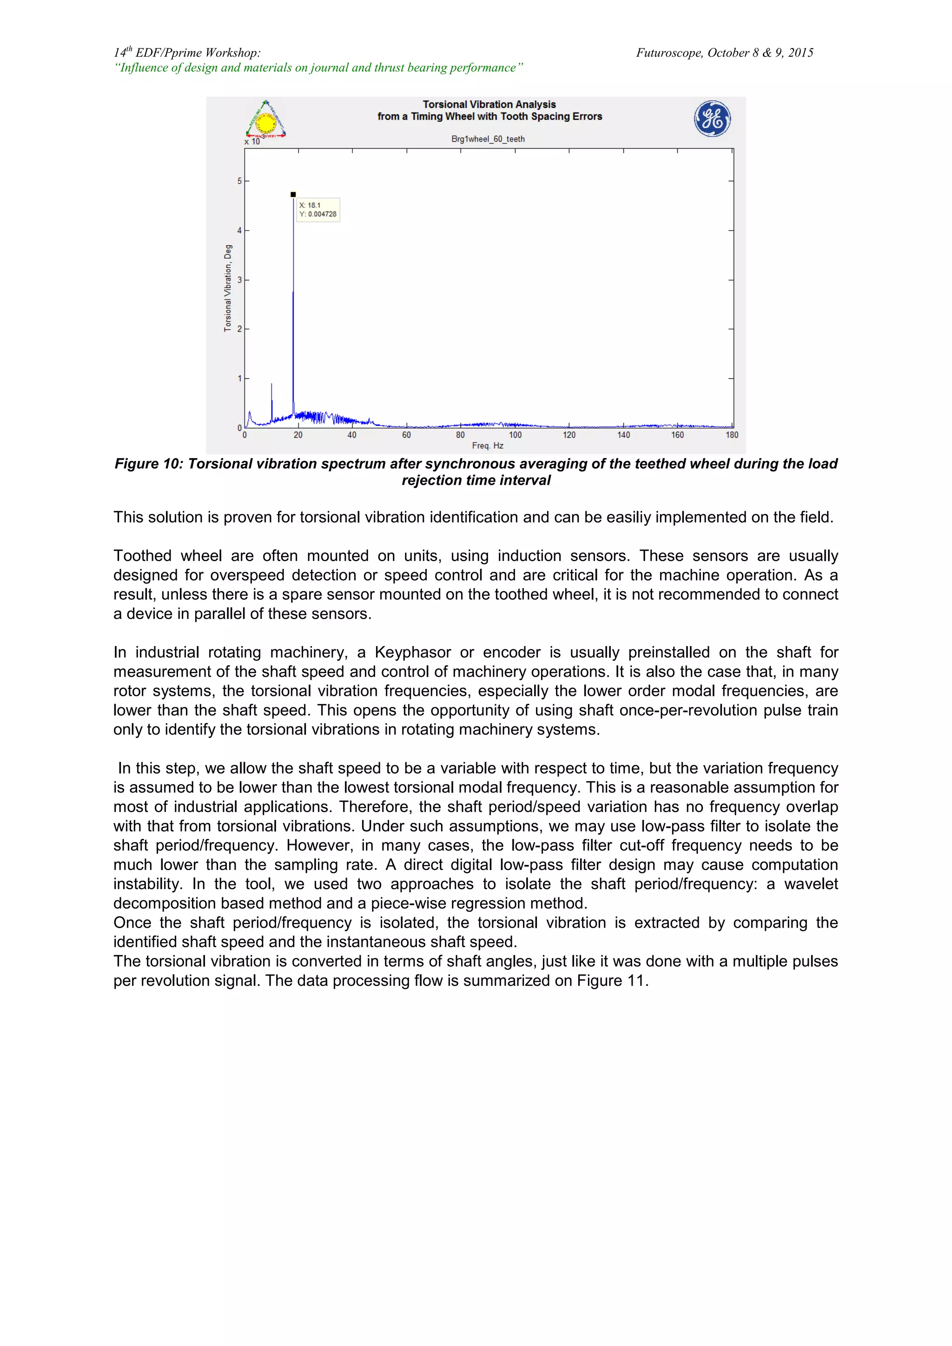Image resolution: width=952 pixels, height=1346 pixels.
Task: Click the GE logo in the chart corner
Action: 712,119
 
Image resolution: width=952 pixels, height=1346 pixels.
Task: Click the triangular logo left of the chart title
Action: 265,120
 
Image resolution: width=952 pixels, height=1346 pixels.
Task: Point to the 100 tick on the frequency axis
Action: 515,435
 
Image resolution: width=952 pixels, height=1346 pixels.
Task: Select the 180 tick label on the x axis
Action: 732,435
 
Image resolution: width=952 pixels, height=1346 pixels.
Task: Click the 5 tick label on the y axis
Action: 239,181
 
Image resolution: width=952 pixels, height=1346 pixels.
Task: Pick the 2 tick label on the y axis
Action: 239,330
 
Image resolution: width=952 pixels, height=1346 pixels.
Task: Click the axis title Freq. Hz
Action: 488,446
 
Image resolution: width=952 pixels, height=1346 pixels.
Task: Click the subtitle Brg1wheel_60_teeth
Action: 488,139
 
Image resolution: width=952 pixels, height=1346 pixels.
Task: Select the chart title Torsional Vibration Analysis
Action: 489,105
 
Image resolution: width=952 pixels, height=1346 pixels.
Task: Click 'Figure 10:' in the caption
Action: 149,464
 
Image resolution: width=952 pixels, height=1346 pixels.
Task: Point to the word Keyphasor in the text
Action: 413,653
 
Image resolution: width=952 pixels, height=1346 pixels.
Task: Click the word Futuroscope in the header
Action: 669,53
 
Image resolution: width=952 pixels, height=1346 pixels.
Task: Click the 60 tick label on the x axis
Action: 406,435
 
